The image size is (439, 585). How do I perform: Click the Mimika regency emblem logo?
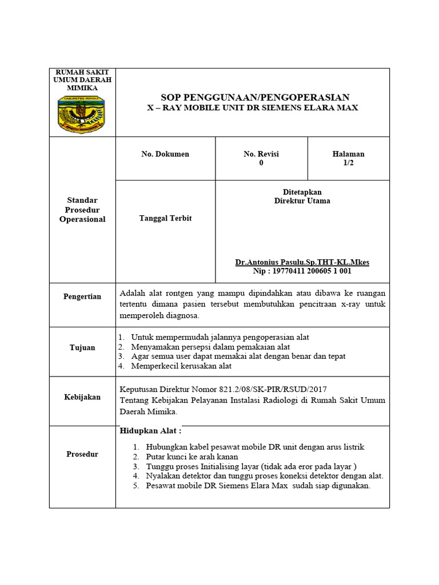pyautogui.click(x=82, y=114)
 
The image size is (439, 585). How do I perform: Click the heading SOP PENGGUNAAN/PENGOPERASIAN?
pyautogui.click(x=255, y=97)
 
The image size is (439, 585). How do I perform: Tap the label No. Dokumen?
pyautogui.click(x=165, y=154)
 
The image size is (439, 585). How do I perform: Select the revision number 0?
pyautogui.click(x=261, y=163)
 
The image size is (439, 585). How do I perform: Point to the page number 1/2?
pyautogui.click(x=348, y=163)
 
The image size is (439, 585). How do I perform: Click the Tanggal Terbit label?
pyautogui.click(x=165, y=218)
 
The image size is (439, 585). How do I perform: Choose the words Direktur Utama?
pyautogui.click(x=302, y=201)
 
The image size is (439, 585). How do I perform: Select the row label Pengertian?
pyautogui.click(x=82, y=296)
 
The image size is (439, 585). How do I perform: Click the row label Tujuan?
pyautogui.click(x=82, y=347)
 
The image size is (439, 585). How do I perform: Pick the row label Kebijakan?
pyautogui.click(x=82, y=397)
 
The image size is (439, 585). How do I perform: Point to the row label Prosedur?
pyautogui.click(x=82, y=454)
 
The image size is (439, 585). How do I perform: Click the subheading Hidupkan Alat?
pyautogui.click(x=150, y=431)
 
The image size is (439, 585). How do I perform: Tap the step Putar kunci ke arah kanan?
pyautogui.click(x=192, y=457)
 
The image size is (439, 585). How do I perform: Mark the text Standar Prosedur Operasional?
pyautogui.click(x=82, y=210)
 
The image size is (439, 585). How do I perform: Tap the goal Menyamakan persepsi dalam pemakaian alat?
pyautogui.click(x=210, y=347)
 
